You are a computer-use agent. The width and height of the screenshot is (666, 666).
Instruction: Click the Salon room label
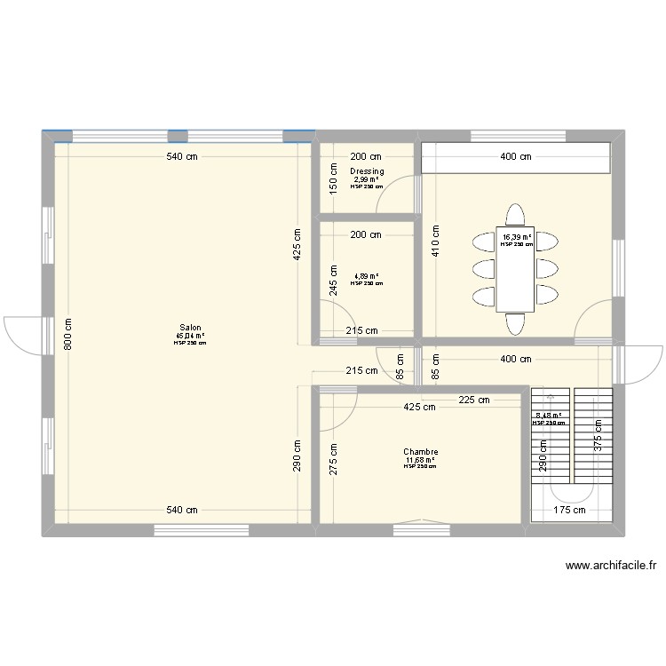(x=190, y=327)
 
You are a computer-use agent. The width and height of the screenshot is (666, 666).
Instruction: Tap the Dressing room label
(x=367, y=171)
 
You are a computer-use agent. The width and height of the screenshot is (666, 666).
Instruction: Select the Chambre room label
(x=420, y=452)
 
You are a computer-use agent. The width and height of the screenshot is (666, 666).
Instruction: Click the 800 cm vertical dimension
(x=68, y=334)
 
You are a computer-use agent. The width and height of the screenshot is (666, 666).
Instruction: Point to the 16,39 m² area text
(x=516, y=237)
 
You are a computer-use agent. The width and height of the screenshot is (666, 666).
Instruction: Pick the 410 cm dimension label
(x=436, y=239)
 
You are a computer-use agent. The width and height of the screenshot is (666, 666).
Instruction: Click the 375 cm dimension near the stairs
(x=599, y=438)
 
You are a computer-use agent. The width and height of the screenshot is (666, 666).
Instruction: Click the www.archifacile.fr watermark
(x=603, y=565)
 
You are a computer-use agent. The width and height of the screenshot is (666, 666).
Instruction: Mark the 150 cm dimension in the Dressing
(x=334, y=178)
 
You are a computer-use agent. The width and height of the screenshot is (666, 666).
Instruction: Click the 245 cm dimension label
(x=334, y=280)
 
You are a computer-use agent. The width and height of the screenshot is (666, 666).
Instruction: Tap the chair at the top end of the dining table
(x=516, y=216)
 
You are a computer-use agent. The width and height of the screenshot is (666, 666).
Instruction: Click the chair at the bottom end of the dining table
(x=516, y=324)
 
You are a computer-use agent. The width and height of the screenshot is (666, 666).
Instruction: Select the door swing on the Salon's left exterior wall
(x=20, y=333)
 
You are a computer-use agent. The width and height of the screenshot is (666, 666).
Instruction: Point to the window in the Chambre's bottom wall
(x=421, y=529)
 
